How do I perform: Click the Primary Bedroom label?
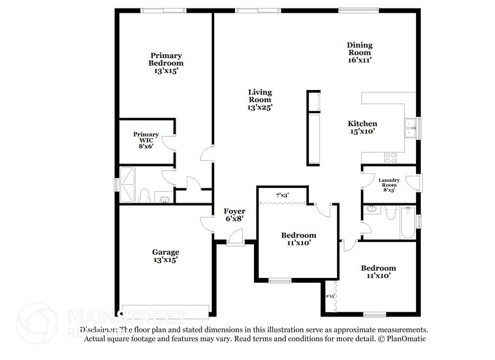pos(166,63)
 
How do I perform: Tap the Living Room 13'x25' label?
pos(259,99)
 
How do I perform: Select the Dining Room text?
pos(359,52)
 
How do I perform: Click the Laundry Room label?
pos(389,185)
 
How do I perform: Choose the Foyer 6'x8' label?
pos(234,215)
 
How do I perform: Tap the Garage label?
pos(165,255)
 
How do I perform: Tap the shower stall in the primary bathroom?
pos(128,184)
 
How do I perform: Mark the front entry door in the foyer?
pos(233,242)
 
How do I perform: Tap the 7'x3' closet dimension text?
pos(282,195)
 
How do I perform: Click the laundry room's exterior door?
pos(418,182)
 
